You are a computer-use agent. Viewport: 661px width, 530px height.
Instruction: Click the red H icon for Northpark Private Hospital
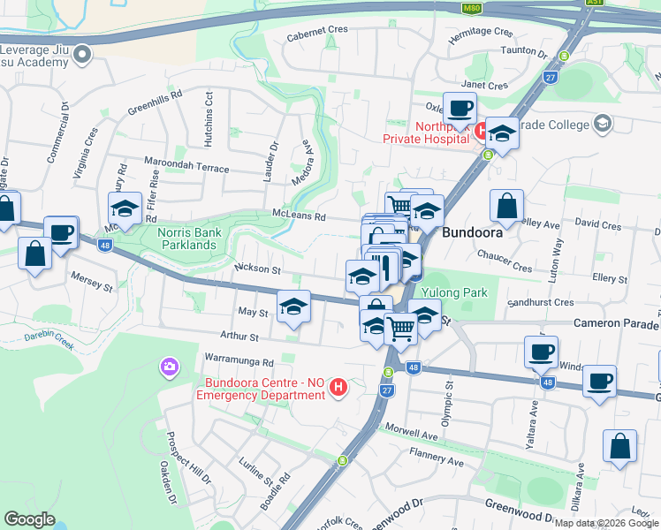tap(482, 132)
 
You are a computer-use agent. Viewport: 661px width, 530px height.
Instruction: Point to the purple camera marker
tap(168, 365)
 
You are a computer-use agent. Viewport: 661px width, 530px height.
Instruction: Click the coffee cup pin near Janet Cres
tap(460, 110)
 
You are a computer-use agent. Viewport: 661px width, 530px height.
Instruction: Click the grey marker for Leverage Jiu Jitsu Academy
tap(83, 55)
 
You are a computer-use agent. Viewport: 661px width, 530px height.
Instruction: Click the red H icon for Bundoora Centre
tap(337, 386)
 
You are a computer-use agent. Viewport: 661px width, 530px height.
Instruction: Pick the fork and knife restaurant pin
tap(384, 267)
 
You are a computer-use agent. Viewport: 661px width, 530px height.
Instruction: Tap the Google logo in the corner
tap(30, 519)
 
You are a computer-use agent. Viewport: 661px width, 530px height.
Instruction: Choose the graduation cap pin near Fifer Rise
tap(125, 209)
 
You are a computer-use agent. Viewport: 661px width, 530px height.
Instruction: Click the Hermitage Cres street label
tap(480, 31)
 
